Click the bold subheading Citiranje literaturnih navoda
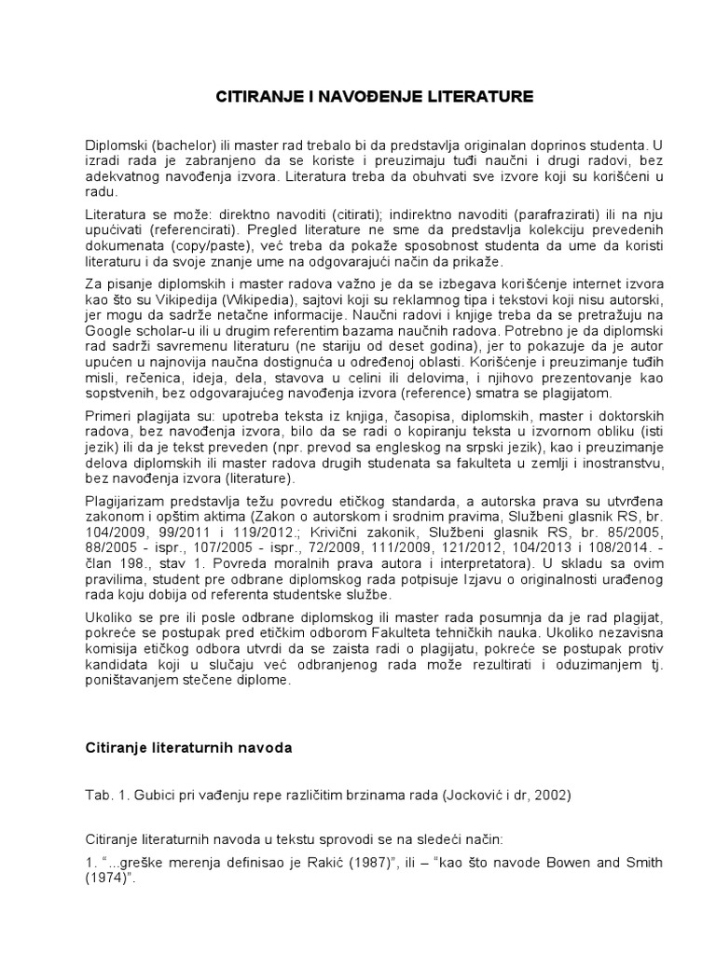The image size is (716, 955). pos(188,749)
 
